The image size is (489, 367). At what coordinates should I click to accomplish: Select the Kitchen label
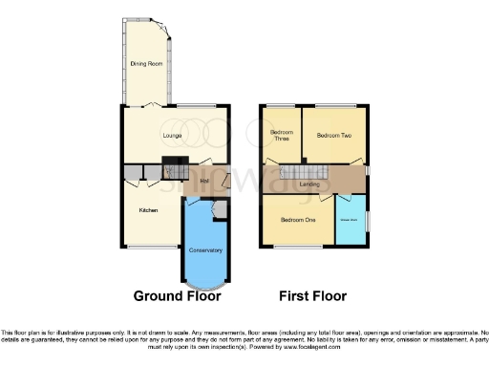148,209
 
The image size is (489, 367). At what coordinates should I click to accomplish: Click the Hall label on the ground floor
204,180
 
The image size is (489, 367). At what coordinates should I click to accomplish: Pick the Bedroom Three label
281,136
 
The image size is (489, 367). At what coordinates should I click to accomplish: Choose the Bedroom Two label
333,136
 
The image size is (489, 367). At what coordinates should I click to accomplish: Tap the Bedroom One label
297,220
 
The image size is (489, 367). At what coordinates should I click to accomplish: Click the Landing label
308,184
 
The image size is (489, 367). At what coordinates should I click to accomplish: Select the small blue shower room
350,220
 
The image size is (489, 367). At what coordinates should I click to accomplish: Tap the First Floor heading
314,296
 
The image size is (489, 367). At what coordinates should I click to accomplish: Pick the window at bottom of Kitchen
146,247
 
